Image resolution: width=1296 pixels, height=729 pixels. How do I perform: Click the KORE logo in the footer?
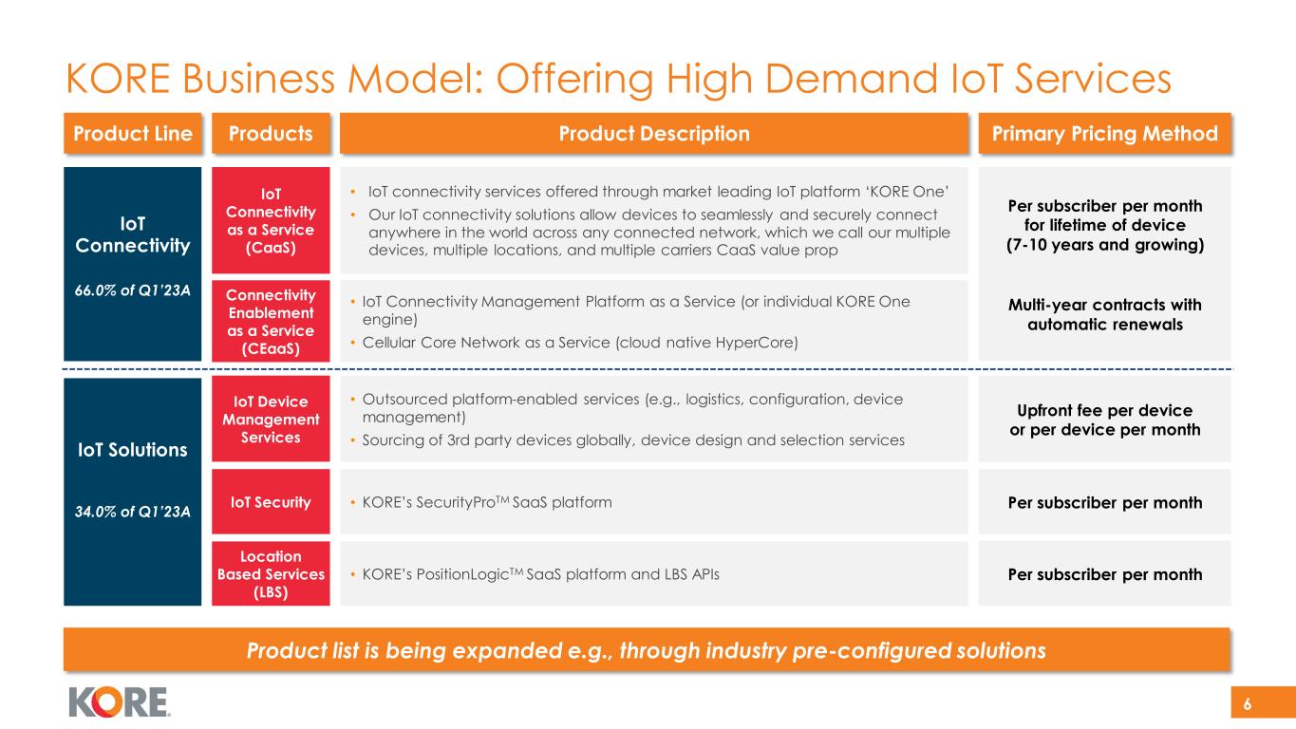[119, 701]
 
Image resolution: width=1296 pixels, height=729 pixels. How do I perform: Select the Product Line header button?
[132, 134]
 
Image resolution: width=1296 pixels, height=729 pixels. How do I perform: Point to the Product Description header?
[653, 134]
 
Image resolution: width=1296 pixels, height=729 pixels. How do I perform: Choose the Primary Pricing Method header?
[1105, 134]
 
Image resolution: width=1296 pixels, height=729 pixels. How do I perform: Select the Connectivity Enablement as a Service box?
[270, 320]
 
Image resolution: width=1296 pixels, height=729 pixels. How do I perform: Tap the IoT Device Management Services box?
[270, 420]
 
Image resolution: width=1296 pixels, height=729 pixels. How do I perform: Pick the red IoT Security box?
[270, 502]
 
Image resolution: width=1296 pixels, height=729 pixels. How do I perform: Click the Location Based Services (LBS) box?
[270, 574]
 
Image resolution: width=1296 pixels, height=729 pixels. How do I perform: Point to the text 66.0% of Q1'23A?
[132, 290]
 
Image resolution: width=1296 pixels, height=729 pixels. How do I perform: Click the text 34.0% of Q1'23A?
[132, 512]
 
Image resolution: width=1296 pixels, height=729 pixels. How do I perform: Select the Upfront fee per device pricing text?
[1105, 420]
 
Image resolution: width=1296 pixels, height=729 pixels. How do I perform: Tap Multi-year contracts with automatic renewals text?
[1105, 314]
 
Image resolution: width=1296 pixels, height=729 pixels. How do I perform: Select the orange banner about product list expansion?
[648, 651]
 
